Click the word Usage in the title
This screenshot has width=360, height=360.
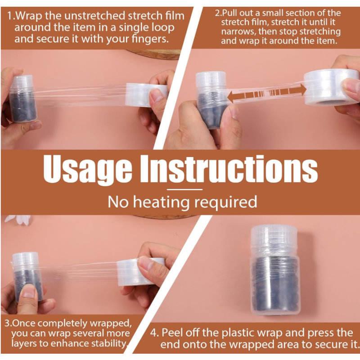pos(87,170)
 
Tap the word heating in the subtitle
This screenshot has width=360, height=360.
pos(161,202)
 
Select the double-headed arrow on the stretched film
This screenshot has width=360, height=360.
pos(267,94)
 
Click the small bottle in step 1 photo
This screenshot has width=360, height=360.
pos(22,99)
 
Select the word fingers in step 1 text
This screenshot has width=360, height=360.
pos(149,39)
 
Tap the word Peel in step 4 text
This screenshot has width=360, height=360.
pos(172,333)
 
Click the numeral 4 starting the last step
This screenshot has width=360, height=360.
pos(153,333)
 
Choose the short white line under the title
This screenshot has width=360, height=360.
pos(184,189)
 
